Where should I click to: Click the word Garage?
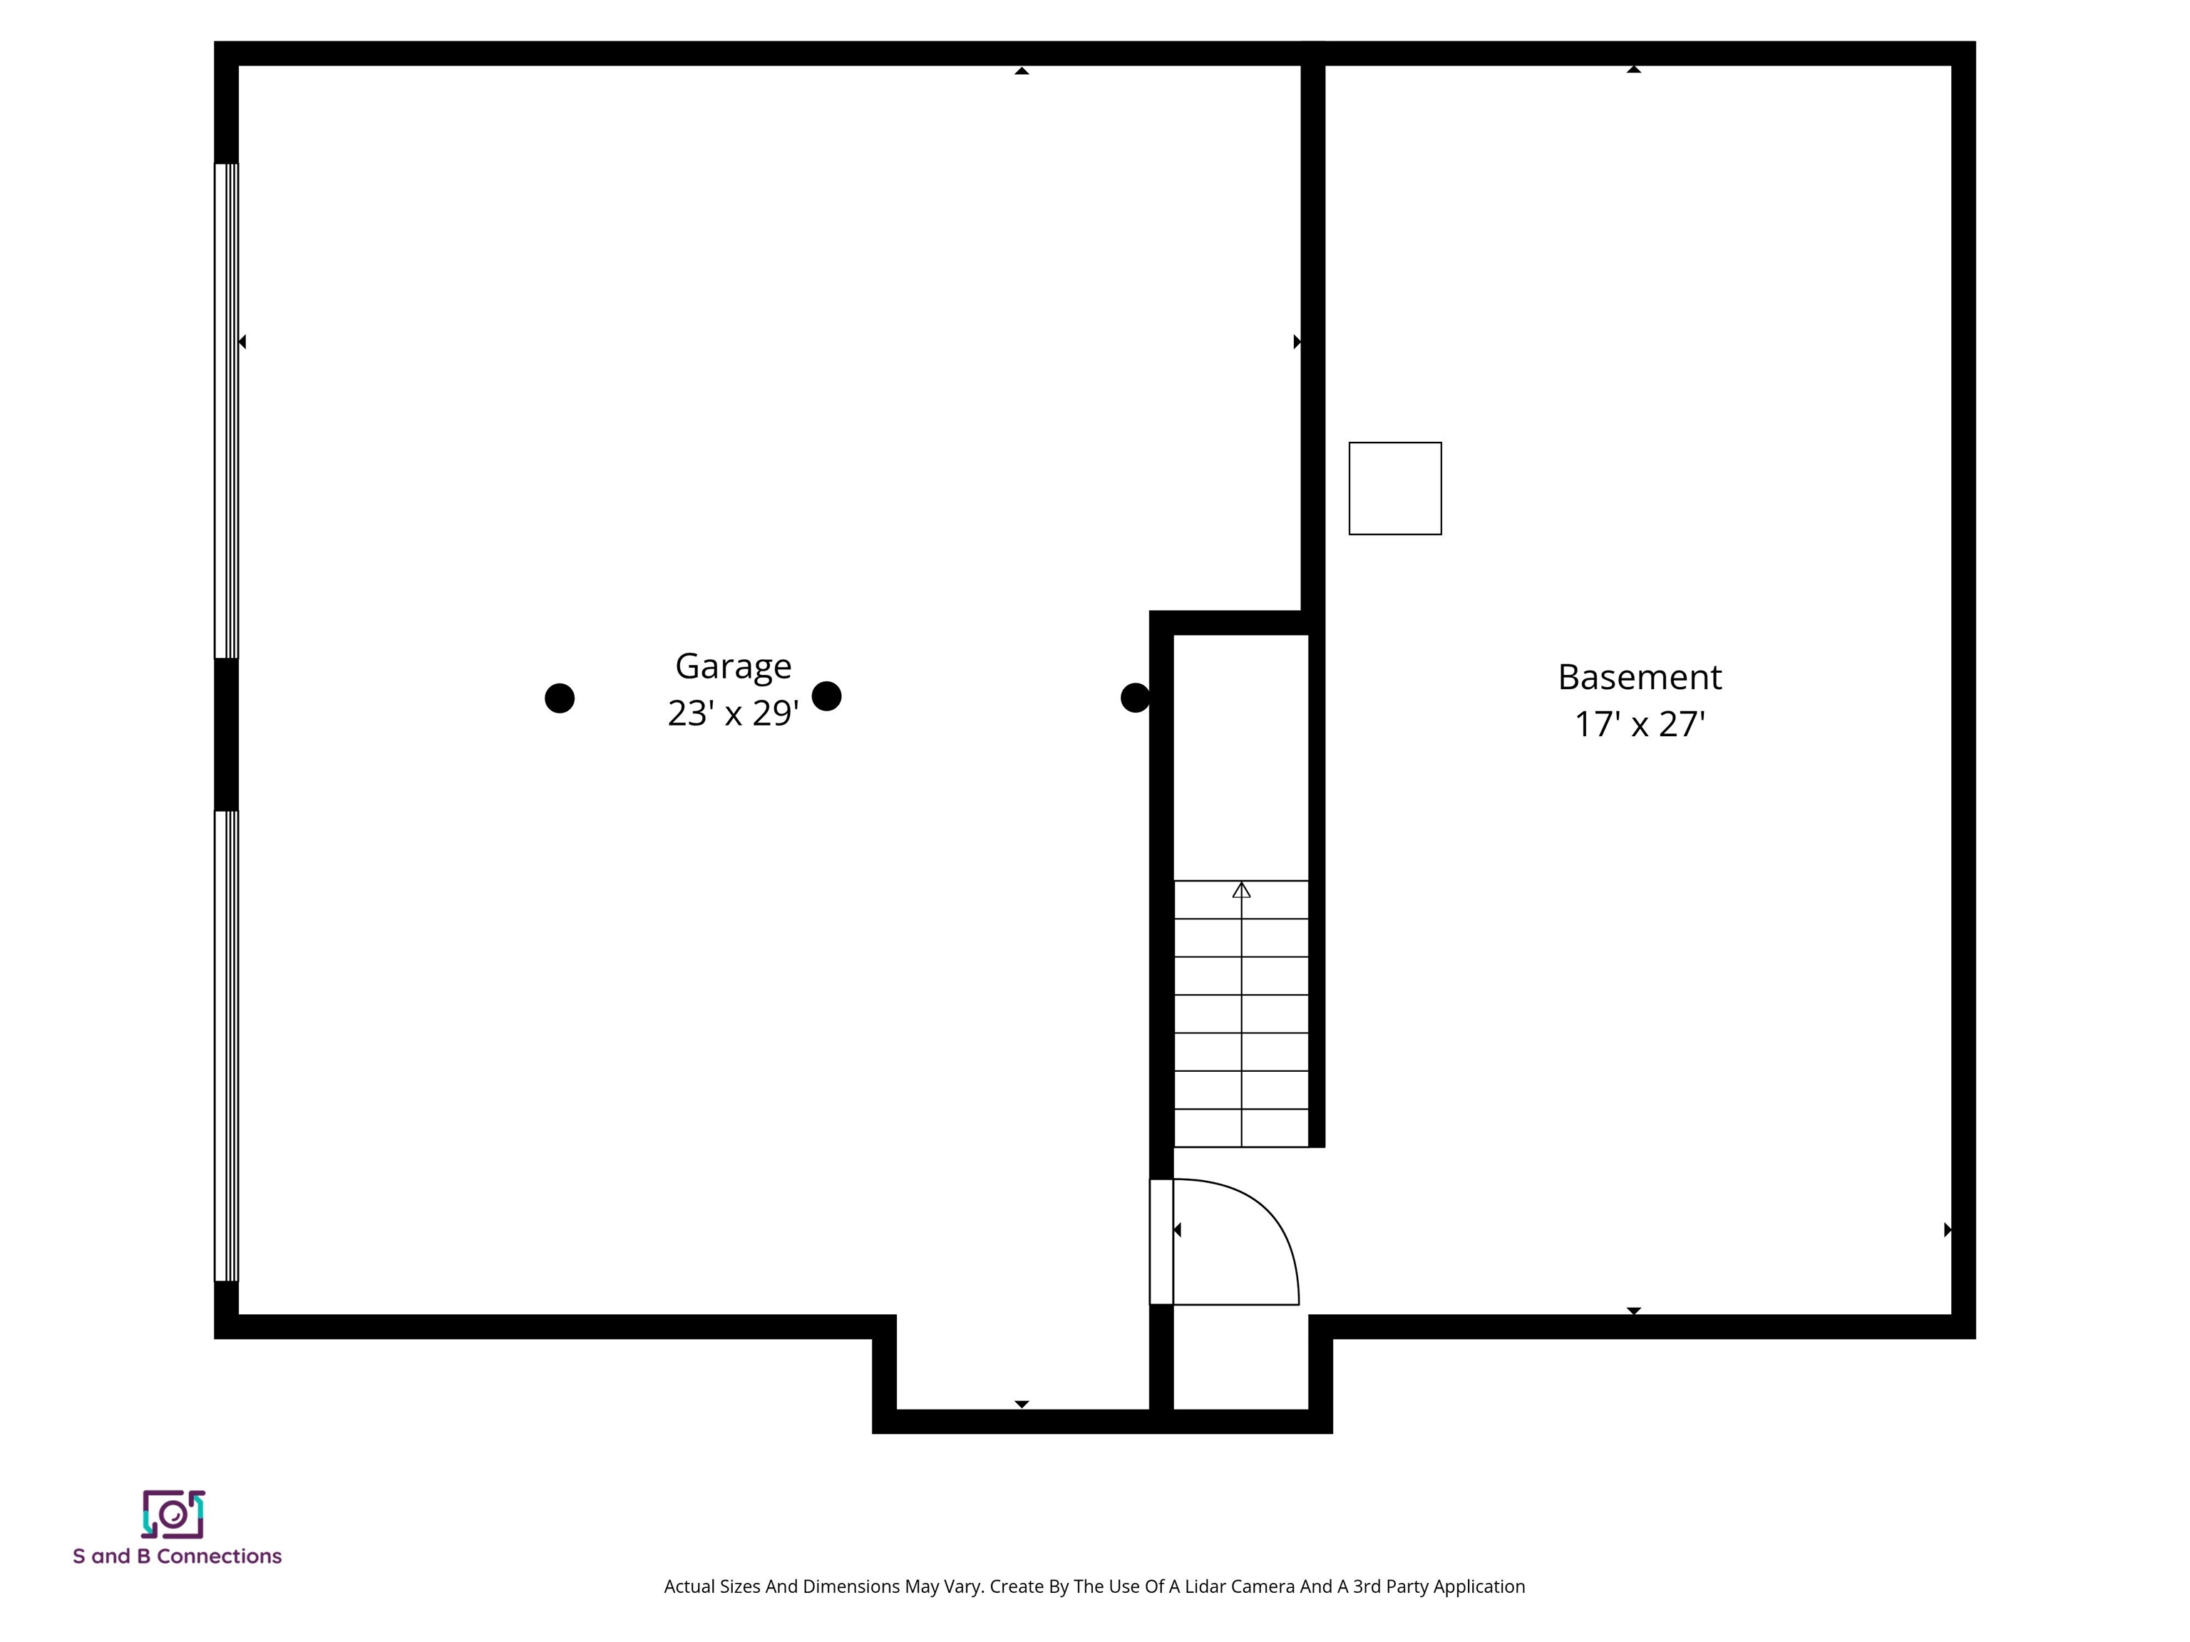[x=733, y=667]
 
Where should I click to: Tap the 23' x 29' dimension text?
[x=733, y=713]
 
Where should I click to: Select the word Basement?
[x=1640, y=678]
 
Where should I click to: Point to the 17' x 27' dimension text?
[x=1640, y=725]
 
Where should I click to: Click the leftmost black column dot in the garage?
[x=560, y=698]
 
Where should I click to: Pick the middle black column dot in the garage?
[x=827, y=696]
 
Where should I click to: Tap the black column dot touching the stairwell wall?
[x=1135, y=698]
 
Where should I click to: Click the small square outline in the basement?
[x=1395, y=489]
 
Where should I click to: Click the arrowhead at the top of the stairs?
[x=1242, y=891]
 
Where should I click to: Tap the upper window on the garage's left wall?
[x=227, y=410]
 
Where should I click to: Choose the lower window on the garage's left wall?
[x=227, y=1046]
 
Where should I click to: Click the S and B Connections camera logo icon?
[x=173, y=1514]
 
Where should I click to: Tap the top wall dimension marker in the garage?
[x=1022, y=71]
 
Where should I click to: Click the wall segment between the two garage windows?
[x=227, y=734]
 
